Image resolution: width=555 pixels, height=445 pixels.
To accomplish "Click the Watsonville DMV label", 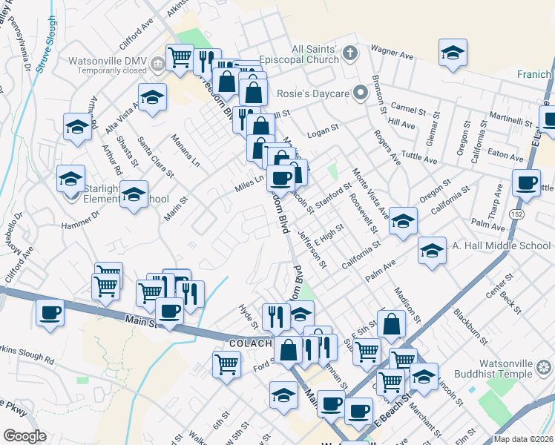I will click(x=107, y=61).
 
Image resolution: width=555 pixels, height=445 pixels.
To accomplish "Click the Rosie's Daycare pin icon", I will click(x=361, y=93).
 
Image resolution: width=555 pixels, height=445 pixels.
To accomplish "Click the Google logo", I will click(x=24, y=436).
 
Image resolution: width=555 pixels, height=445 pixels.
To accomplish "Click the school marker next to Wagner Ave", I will click(x=452, y=53).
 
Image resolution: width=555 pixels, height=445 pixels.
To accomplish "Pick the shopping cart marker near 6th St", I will click(x=226, y=363).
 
